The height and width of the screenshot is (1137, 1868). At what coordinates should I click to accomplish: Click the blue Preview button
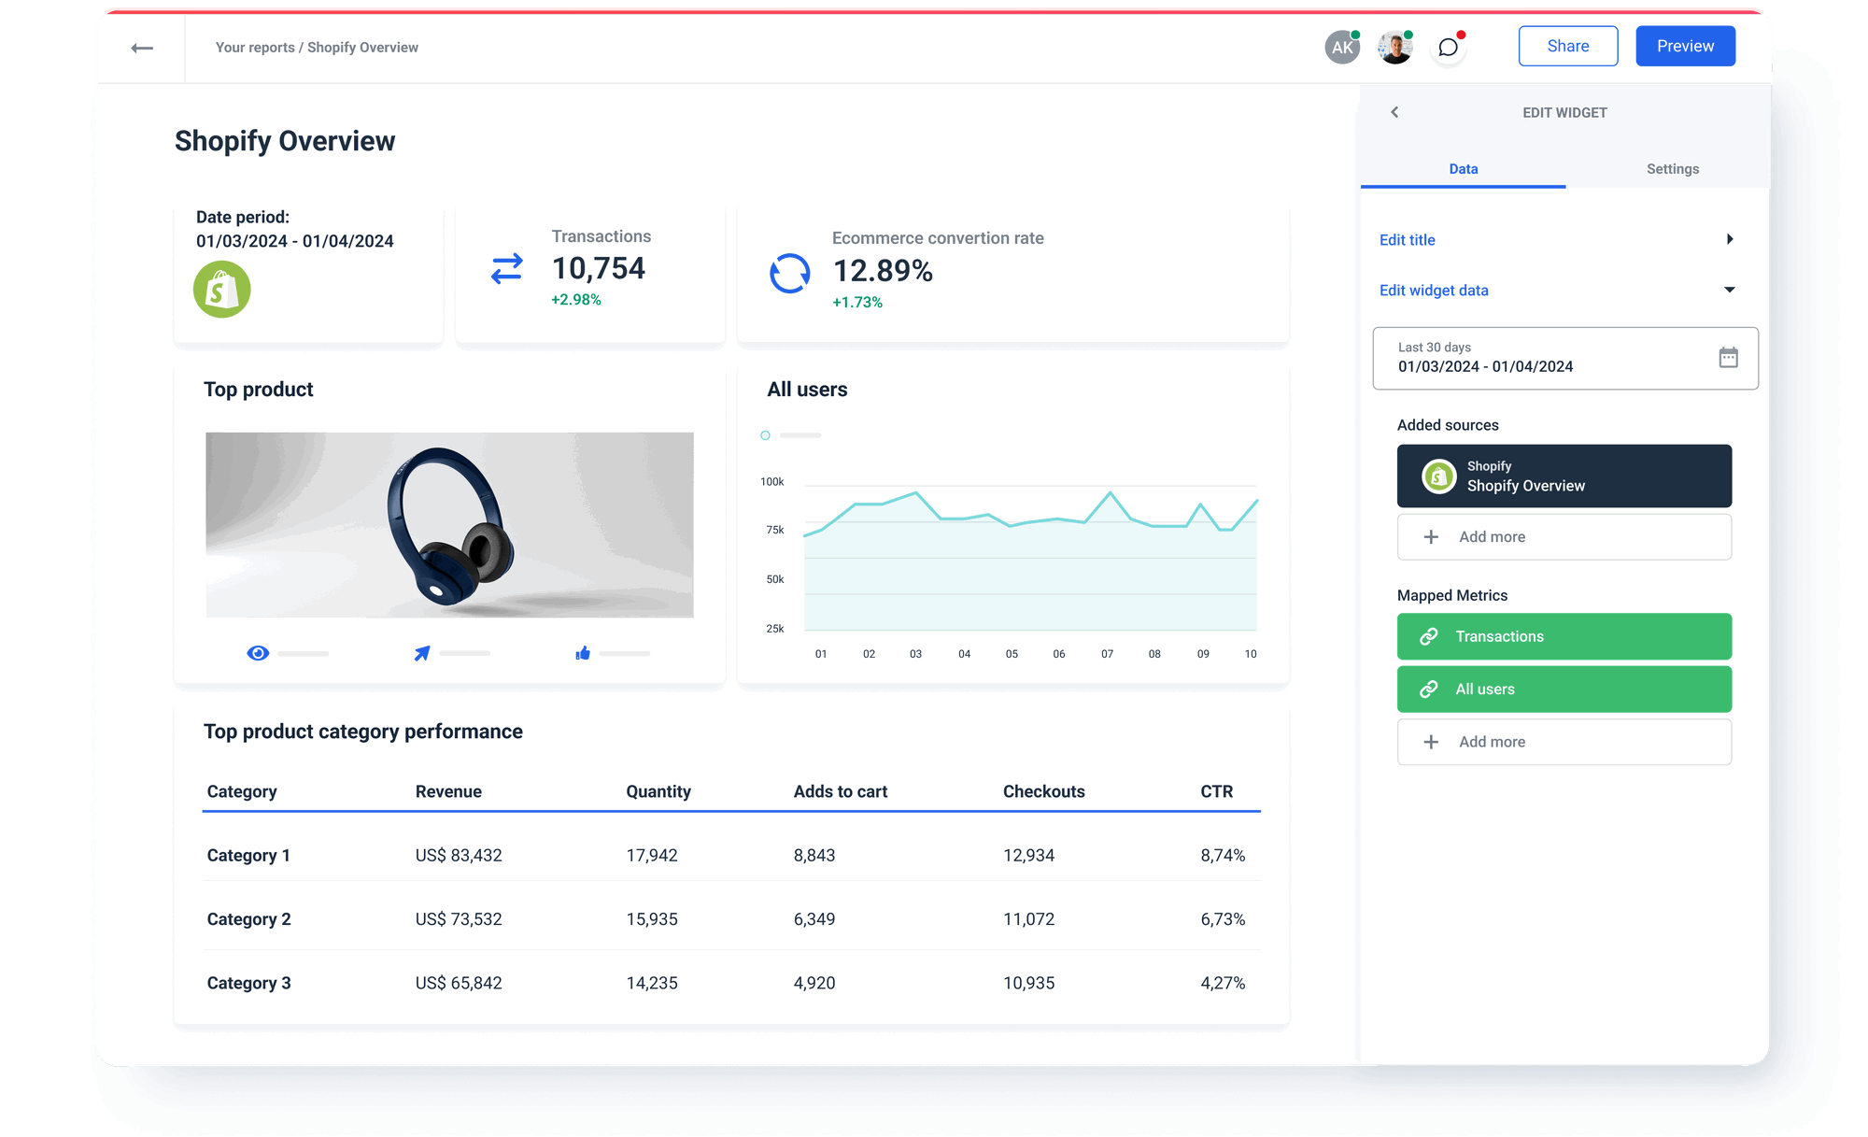(1685, 47)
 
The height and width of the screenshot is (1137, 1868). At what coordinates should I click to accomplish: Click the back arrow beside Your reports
(142, 48)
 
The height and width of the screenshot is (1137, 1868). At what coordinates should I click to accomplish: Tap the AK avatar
(1342, 48)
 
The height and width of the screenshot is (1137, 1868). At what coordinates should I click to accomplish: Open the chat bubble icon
(1448, 48)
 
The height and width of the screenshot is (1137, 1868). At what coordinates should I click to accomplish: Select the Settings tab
(1672, 169)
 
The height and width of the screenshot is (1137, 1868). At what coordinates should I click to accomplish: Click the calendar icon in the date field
(1728, 357)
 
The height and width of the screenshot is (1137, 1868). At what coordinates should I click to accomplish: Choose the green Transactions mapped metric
(1564, 636)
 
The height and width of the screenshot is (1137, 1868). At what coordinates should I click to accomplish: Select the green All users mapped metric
(1564, 689)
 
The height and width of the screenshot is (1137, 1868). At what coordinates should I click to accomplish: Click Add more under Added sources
(1564, 537)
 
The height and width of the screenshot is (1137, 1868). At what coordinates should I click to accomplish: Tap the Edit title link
(1408, 240)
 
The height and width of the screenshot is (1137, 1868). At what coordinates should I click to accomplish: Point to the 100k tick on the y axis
(771, 482)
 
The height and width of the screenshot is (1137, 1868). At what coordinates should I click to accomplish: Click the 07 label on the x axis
(1107, 654)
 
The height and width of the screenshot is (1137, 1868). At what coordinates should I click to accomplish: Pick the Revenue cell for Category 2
(459, 919)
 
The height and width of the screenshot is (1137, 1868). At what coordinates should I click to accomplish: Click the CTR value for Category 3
(1223, 983)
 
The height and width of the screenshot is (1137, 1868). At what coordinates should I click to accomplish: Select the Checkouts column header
(1043, 792)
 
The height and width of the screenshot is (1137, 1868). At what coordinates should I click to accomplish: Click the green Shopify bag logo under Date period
(222, 290)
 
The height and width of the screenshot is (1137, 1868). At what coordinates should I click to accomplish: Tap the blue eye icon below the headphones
(258, 653)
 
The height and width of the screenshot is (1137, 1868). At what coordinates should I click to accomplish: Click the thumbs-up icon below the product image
(583, 653)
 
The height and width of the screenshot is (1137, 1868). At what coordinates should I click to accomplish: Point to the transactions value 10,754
(599, 269)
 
